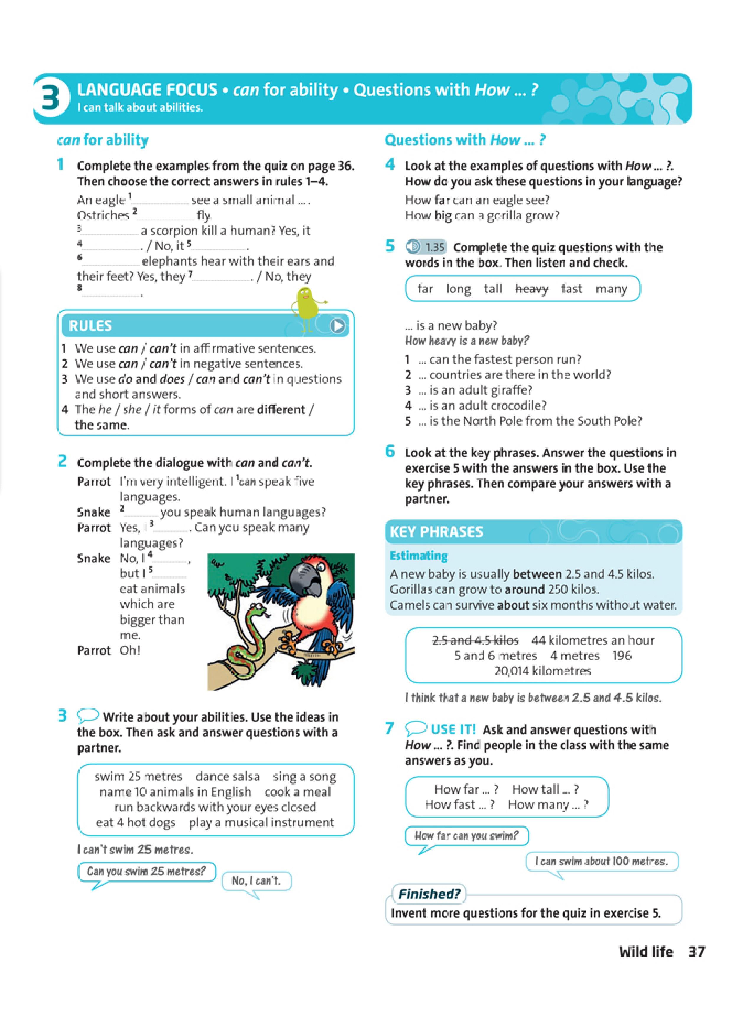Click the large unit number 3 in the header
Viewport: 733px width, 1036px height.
click(50, 99)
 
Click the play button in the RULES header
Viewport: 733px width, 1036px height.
click(337, 325)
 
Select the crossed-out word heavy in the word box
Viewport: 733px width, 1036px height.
click(531, 289)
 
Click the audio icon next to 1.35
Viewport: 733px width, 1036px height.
click(413, 247)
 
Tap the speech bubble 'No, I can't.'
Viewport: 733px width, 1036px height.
click(256, 880)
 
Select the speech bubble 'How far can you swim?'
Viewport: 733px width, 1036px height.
click(466, 836)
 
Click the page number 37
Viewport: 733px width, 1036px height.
click(696, 952)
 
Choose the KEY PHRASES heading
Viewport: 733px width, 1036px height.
click(436, 532)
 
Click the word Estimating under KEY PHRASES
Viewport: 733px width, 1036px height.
click(419, 556)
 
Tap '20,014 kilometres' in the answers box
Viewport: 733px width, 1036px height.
click(542, 671)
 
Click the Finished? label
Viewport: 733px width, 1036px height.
click(429, 894)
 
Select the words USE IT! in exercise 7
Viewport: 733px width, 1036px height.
click(453, 730)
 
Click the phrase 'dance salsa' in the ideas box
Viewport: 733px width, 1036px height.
click(228, 776)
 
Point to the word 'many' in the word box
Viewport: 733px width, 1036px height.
click(611, 289)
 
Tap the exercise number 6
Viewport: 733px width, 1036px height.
click(390, 451)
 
